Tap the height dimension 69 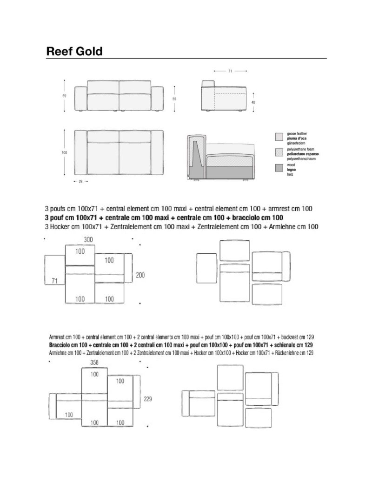pos(64,96)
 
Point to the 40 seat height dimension pos(253,102)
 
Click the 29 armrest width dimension pos(80,181)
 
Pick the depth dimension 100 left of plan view pos(64,152)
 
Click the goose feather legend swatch pos(279,137)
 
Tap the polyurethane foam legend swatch pos(279,152)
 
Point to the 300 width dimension pos(89,239)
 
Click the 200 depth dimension pos(140,275)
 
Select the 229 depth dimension pos(147,398)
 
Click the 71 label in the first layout pos(54,280)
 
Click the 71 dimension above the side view pos(230,71)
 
